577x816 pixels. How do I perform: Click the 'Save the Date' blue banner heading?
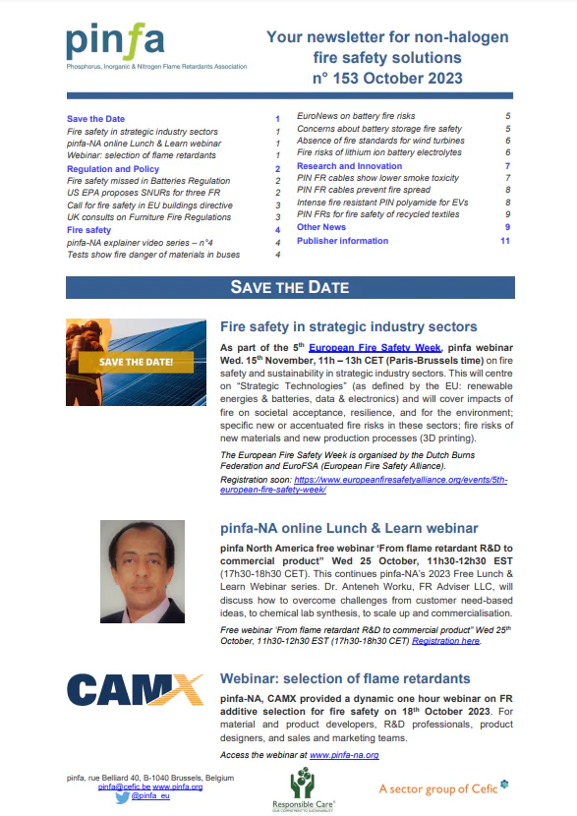coord(289,287)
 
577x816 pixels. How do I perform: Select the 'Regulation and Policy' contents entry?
coord(112,169)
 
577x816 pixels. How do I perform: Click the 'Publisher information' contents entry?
coord(342,240)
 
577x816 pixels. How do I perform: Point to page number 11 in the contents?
coord(504,240)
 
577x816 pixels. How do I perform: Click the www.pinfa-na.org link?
coord(344,755)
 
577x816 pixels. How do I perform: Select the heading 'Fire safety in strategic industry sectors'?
coord(349,326)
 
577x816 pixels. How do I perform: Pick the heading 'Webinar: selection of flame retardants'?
coord(344,678)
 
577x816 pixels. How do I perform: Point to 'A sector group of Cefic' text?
coord(443,788)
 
